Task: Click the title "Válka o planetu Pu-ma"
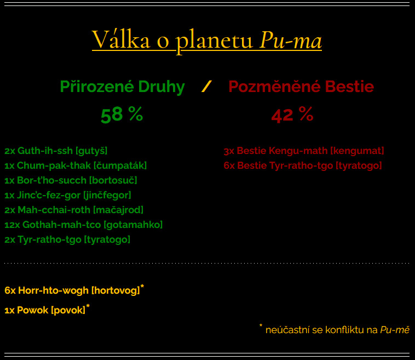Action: click(207, 40)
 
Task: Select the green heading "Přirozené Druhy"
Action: click(122, 87)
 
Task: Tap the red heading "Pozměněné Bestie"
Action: click(301, 87)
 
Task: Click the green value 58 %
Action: click(122, 115)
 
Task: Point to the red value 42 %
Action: click(292, 115)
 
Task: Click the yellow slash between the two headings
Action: click(206, 87)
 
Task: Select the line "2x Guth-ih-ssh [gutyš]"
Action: click(56, 151)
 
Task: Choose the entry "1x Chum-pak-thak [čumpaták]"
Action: click(76, 165)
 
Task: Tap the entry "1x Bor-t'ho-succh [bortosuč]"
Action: click(71, 180)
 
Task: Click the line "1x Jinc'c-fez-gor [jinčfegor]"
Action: click(68, 195)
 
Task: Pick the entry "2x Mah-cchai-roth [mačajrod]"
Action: click(74, 210)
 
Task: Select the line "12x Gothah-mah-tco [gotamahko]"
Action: click(83, 225)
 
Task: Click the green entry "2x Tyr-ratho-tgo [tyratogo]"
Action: click(67, 240)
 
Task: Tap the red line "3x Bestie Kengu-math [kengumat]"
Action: click(303, 151)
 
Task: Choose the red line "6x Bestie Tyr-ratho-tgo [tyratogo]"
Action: click(303, 165)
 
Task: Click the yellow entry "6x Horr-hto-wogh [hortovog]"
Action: click(72, 290)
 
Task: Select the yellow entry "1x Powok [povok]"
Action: click(45, 310)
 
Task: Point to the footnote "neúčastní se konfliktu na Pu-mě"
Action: click(337, 330)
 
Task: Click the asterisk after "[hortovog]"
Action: click(142, 287)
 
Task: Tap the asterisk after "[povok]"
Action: click(88, 306)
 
